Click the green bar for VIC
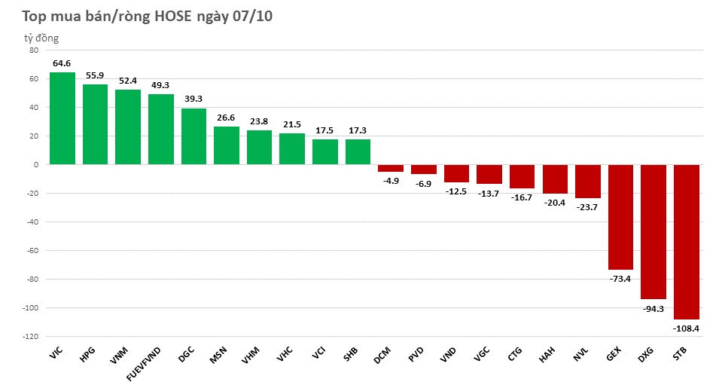[62, 118]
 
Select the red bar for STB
[686, 242]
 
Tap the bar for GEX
[620, 217]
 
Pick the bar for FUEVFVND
[161, 129]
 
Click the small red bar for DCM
[391, 168]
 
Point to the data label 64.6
[62, 63]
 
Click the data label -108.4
[686, 328]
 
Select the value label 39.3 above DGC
[194, 99]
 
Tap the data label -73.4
[620, 279]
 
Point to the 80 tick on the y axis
[33, 50]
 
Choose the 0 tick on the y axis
[36, 165]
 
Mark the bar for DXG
[653, 232]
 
